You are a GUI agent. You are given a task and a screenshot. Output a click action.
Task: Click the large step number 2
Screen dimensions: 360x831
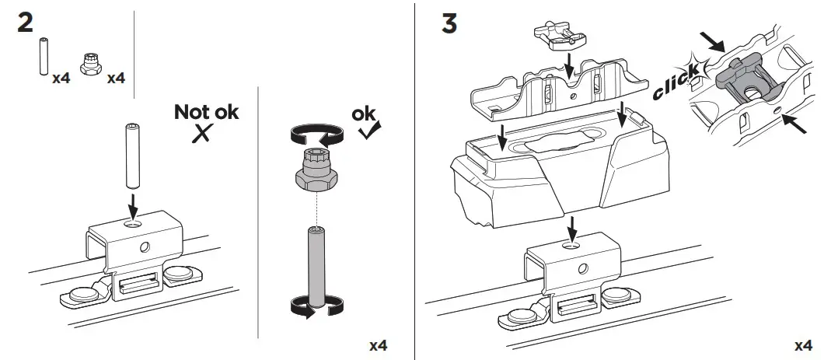pos(25,24)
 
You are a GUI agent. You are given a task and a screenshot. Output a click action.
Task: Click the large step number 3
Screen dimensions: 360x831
pos(449,23)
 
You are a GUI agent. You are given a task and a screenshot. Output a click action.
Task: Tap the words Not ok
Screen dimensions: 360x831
pos(206,112)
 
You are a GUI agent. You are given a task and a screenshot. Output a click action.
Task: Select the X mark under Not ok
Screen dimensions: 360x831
pos(203,134)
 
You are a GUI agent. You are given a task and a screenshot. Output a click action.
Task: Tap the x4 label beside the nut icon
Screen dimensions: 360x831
pos(115,78)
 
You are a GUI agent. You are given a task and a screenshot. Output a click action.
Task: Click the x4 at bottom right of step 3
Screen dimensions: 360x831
pos(803,344)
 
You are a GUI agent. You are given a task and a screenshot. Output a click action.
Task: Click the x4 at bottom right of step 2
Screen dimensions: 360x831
pos(378,344)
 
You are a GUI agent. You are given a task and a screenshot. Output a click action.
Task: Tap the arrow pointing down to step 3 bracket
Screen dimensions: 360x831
pos(572,228)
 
